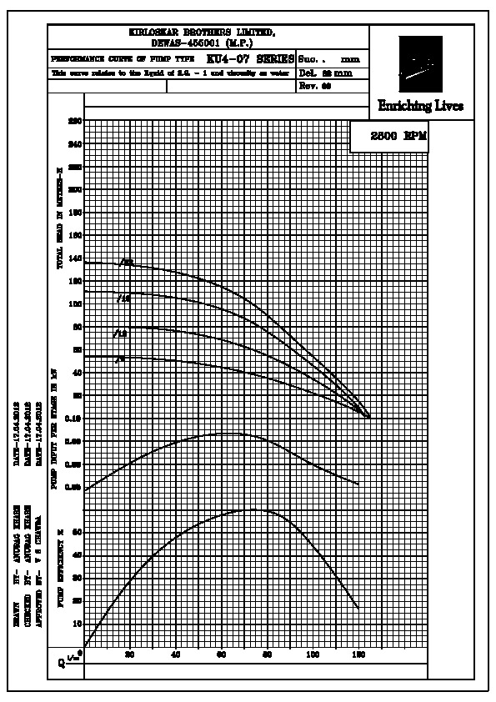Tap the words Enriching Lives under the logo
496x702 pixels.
tap(420, 106)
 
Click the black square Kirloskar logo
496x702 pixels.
tap(421, 64)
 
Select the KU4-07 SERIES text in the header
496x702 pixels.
tap(250, 60)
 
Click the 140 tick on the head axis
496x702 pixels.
tap(77, 259)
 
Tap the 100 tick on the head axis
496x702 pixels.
tap(77, 304)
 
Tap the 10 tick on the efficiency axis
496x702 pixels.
tap(78, 623)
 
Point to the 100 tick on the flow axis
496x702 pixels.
tap(313, 655)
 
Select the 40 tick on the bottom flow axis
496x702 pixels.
tap(175, 655)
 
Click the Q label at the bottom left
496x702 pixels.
tap(61, 663)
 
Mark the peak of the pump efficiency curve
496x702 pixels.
tap(254, 509)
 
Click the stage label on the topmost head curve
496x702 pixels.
tap(127, 263)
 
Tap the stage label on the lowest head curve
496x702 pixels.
tap(120, 359)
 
